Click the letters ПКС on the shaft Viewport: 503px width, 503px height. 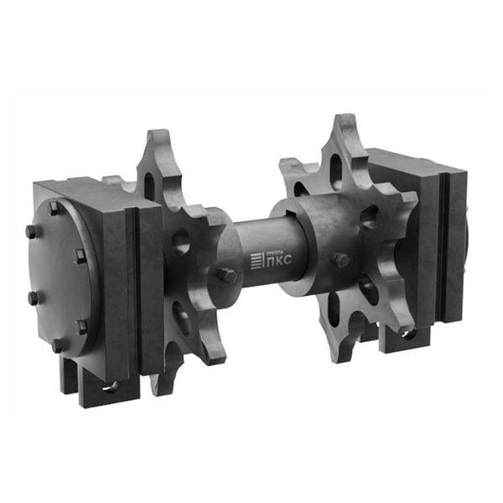pos(279,260)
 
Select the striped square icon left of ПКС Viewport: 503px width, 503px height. pos(257,261)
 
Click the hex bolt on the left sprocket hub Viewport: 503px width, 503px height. pos(227,275)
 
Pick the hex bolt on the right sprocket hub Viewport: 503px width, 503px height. pos(340,259)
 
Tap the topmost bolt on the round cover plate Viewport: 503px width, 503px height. pos(54,208)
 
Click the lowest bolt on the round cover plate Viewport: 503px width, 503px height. pos(58,345)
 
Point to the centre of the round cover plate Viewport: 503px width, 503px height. pos(63,276)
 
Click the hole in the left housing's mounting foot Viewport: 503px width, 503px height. pos(111,386)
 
